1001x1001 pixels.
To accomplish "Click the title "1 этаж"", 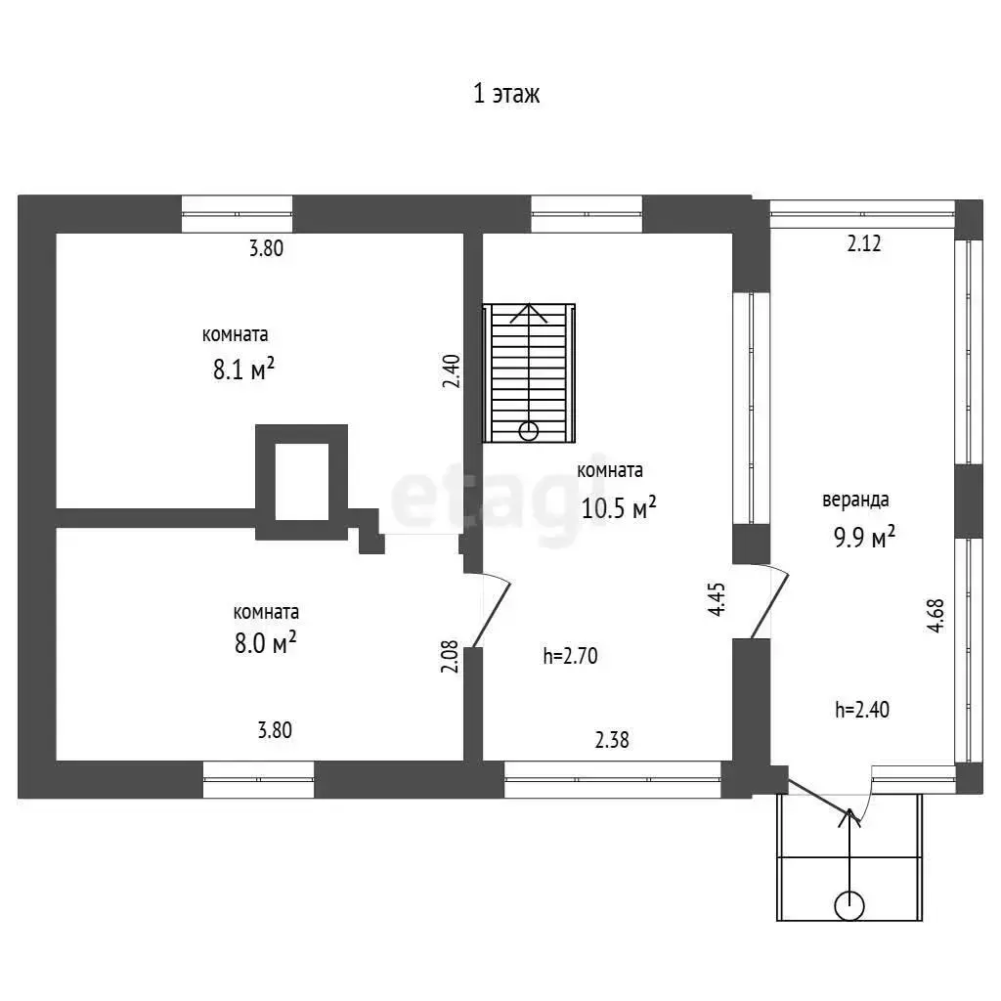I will click(506, 94).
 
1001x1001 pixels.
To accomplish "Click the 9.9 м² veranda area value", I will click(864, 537).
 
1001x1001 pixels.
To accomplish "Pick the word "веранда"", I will click(855, 500).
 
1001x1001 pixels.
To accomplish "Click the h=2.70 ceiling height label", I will click(570, 656).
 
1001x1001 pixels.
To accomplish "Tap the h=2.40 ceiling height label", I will click(861, 710).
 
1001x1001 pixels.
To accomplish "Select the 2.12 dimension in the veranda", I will click(864, 244).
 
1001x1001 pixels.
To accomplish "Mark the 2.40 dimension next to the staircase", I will click(450, 371).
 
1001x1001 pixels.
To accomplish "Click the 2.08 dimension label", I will click(450, 655).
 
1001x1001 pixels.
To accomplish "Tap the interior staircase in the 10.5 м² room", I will click(530, 372).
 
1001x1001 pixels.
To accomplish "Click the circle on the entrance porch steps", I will click(849, 906).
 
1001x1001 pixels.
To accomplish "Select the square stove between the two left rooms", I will click(302, 481).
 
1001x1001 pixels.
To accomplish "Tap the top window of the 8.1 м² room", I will click(238, 214).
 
